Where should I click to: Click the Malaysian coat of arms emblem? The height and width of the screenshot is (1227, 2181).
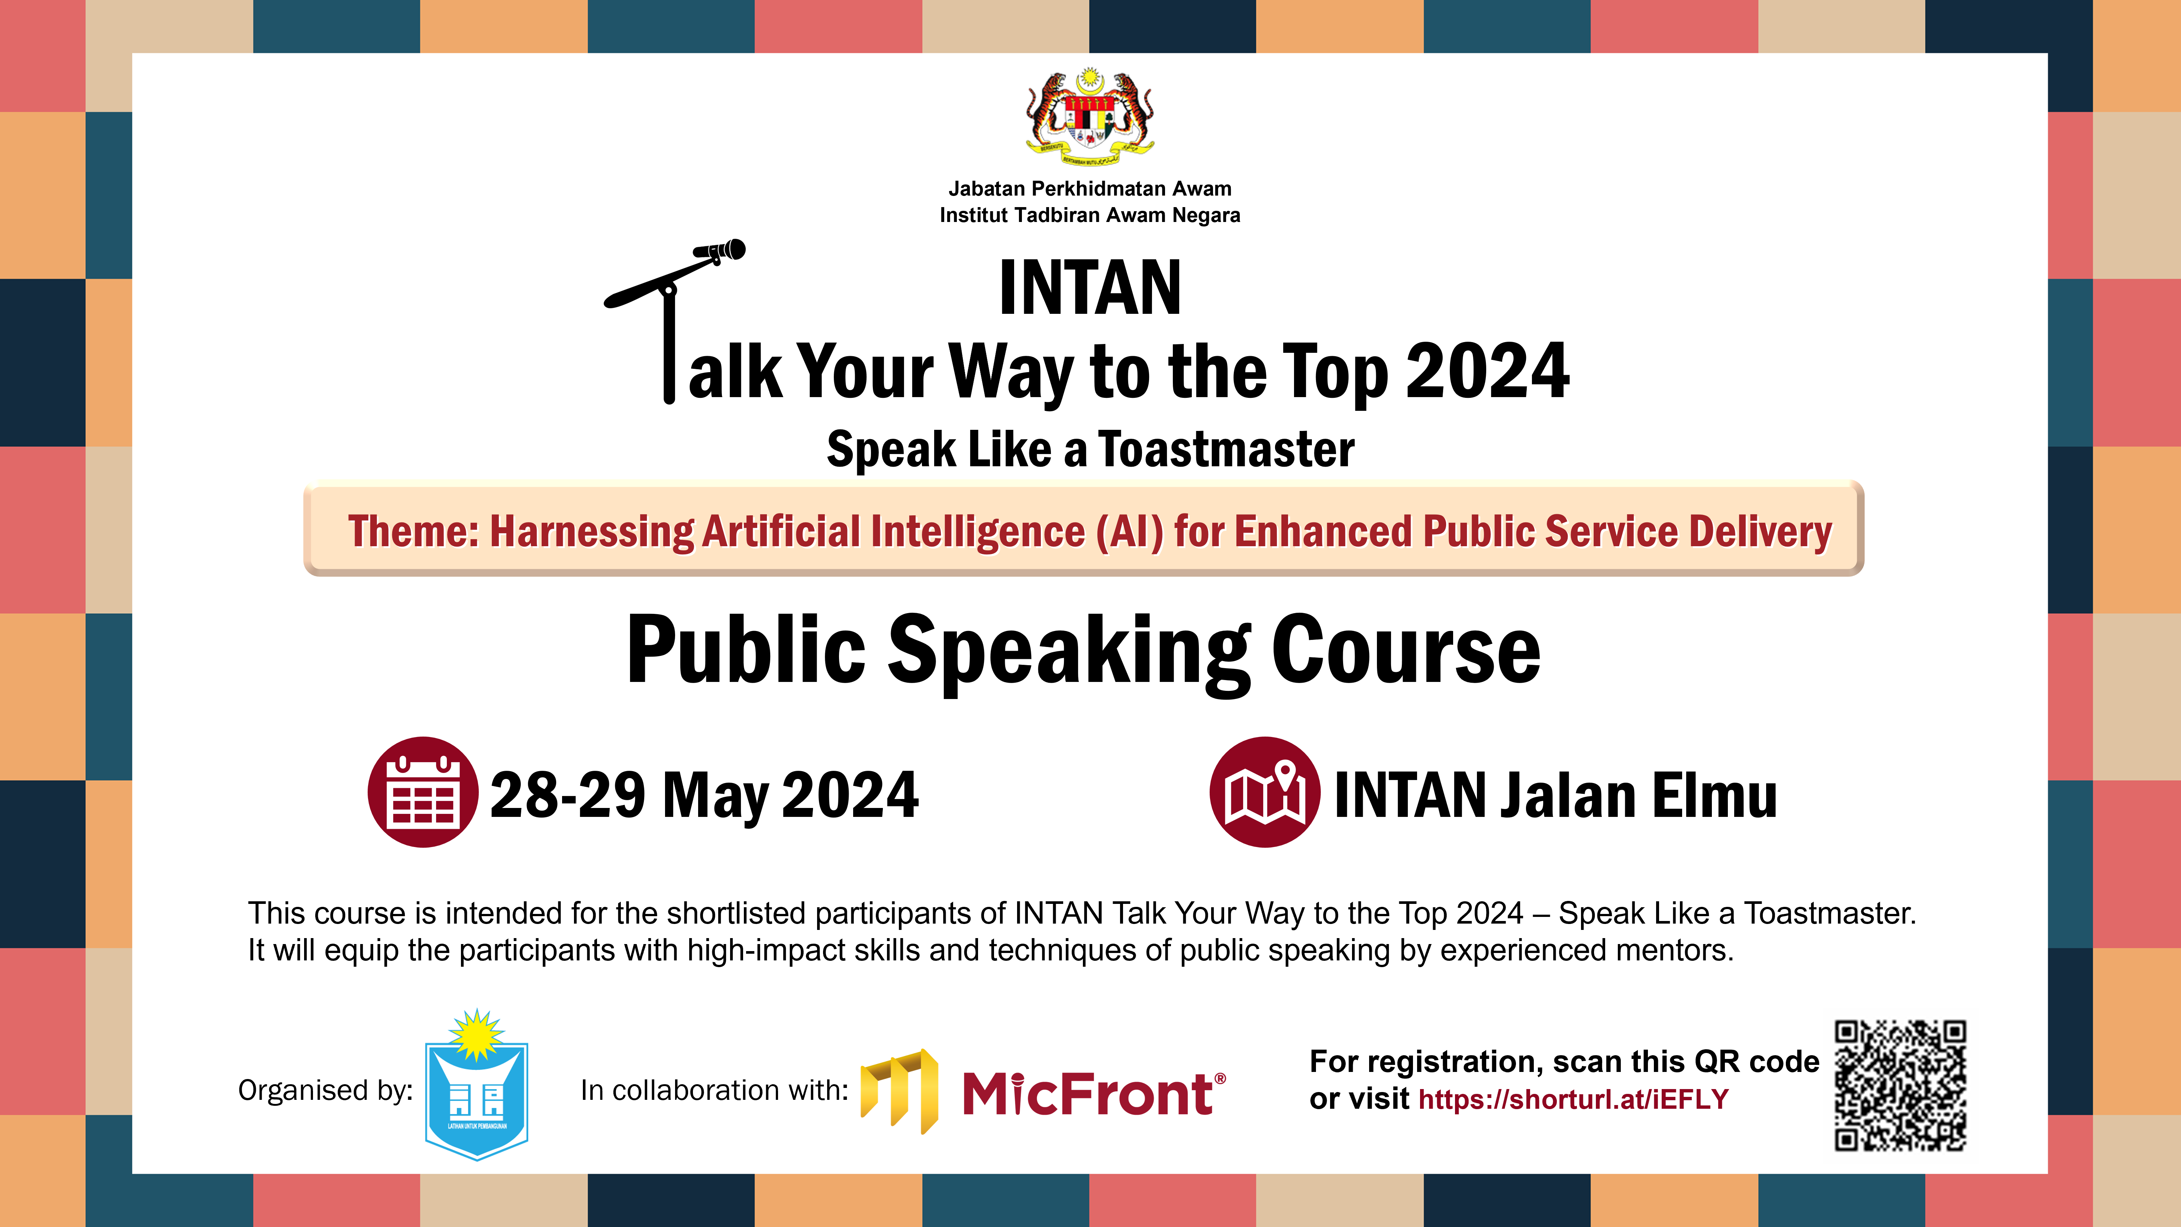point(1090,119)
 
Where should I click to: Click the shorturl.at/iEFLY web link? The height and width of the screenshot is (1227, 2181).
point(1573,1099)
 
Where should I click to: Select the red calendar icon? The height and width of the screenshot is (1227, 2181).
point(423,792)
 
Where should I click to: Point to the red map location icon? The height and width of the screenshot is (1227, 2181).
point(1264,792)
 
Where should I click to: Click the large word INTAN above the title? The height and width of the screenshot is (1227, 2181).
point(1090,288)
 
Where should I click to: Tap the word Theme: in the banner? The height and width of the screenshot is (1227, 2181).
point(413,532)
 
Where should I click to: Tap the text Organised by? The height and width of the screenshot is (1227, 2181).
point(325,1091)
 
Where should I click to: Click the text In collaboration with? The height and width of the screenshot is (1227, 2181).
point(714,1091)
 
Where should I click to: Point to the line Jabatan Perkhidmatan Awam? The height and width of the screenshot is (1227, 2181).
point(1090,189)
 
